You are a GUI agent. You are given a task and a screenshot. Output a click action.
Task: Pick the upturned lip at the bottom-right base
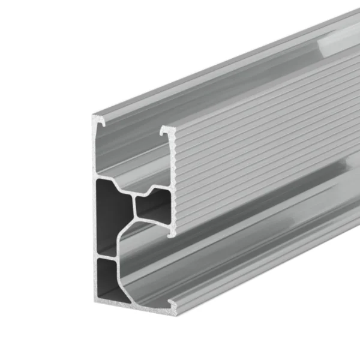pyautogui.click(x=173, y=310)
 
